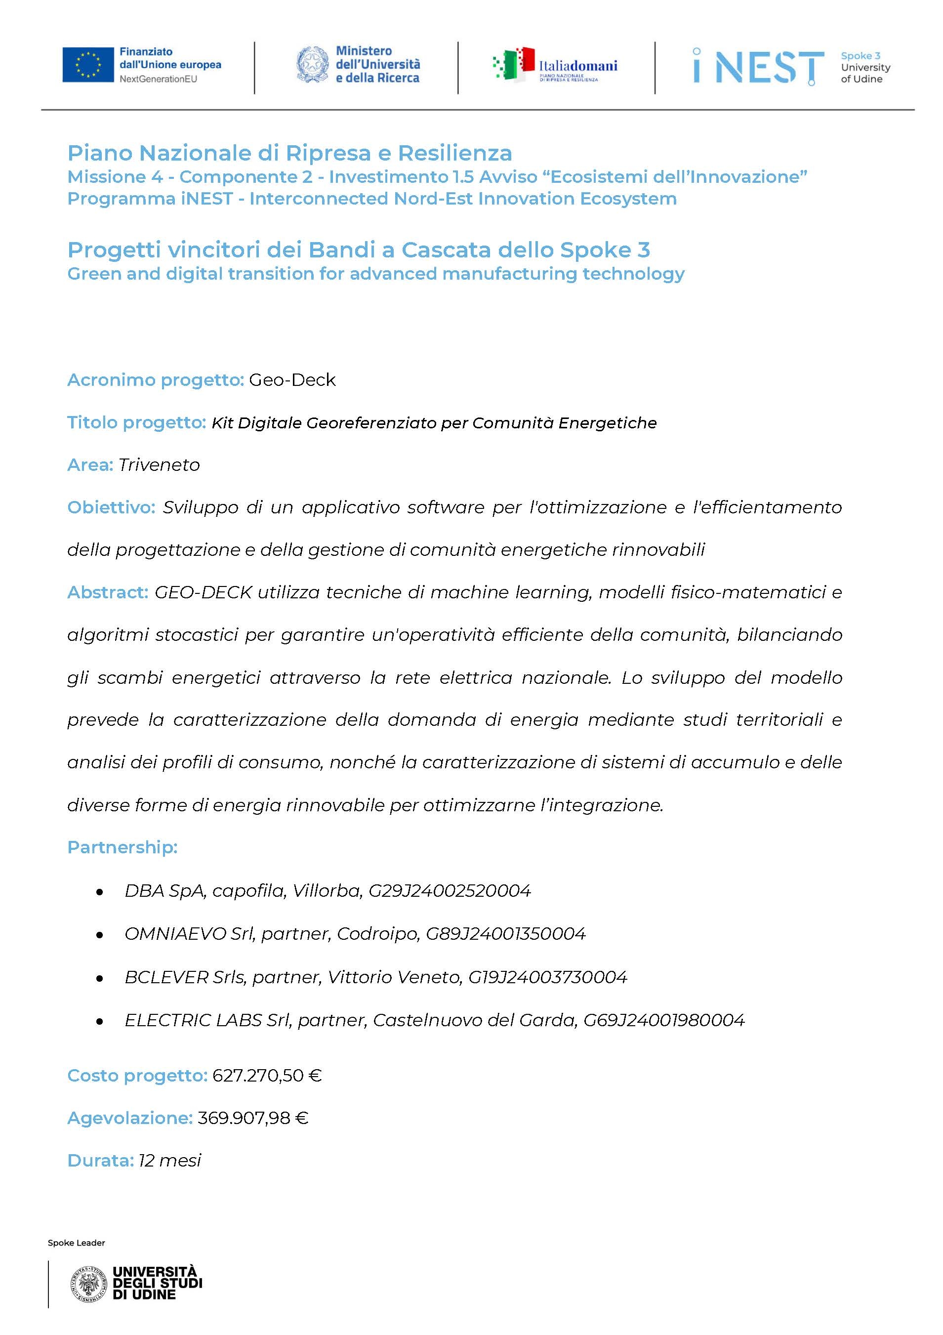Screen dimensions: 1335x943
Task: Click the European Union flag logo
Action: coord(88,65)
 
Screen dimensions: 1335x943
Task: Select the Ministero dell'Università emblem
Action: coord(312,65)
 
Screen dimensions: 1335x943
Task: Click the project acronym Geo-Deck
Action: coord(292,379)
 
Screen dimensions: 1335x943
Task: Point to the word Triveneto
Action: coord(159,464)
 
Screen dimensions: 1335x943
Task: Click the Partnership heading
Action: coord(122,847)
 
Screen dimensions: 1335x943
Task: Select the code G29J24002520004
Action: coord(450,891)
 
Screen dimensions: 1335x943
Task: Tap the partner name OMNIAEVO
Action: coord(175,934)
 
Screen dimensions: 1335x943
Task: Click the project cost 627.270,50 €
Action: coord(267,1076)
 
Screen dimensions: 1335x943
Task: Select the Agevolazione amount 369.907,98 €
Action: coord(253,1118)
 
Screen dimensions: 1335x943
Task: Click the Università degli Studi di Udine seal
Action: coord(88,1283)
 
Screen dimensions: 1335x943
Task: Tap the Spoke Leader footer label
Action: coord(76,1243)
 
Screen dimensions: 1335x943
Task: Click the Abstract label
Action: coord(108,592)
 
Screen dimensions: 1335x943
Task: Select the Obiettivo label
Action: coord(111,507)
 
